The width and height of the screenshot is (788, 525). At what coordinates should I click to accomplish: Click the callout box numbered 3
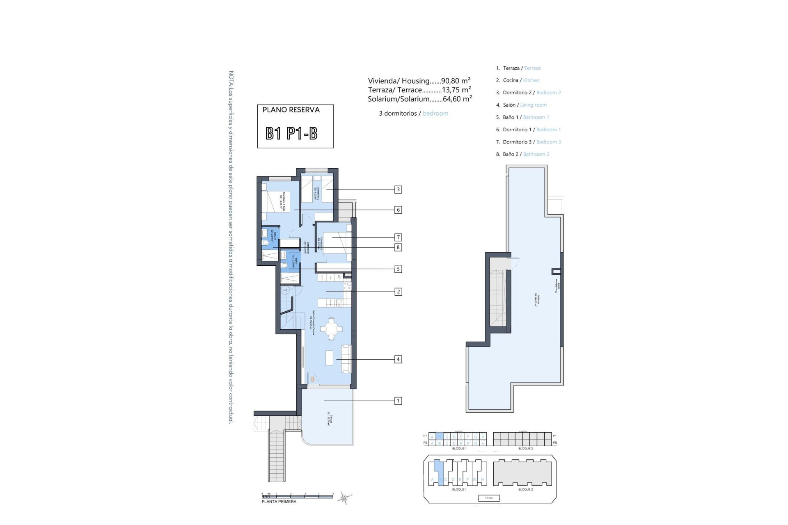pyautogui.click(x=398, y=189)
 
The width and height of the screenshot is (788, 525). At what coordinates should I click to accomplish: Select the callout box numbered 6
pyautogui.click(x=398, y=210)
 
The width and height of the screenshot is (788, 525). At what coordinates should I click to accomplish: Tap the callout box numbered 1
pyautogui.click(x=398, y=401)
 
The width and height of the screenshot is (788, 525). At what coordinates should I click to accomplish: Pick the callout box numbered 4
pyautogui.click(x=398, y=359)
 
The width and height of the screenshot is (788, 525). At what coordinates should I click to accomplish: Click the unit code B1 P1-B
pyautogui.click(x=291, y=134)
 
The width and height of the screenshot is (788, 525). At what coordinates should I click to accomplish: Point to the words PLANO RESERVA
pyautogui.click(x=291, y=110)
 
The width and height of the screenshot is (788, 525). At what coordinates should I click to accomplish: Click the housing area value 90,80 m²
pyautogui.click(x=456, y=81)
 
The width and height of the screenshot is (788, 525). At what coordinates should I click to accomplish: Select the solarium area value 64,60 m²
pyautogui.click(x=457, y=99)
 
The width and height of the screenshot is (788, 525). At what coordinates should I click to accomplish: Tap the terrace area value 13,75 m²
pyautogui.click(x=456, y=90)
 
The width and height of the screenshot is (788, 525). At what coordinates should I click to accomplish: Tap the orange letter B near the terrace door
pyautogui.click(x=313, y=379)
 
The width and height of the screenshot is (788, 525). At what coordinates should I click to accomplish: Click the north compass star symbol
pyautogui.click(x=344, y=498)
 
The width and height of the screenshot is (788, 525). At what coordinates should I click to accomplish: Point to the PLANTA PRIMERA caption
pyautogui.click(x=279, y=502)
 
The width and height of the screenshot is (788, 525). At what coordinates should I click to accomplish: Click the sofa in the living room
pyautogui.click(x=346, y=359)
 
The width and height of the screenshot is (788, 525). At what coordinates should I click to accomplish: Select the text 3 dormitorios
pyautogui.click(x=398, y=114)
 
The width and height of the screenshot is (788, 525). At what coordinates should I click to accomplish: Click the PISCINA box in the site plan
pyautogui.click(x=489, y=498)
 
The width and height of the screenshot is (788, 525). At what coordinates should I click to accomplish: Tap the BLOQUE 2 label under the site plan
pyautogui.click(x=525, y=489)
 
